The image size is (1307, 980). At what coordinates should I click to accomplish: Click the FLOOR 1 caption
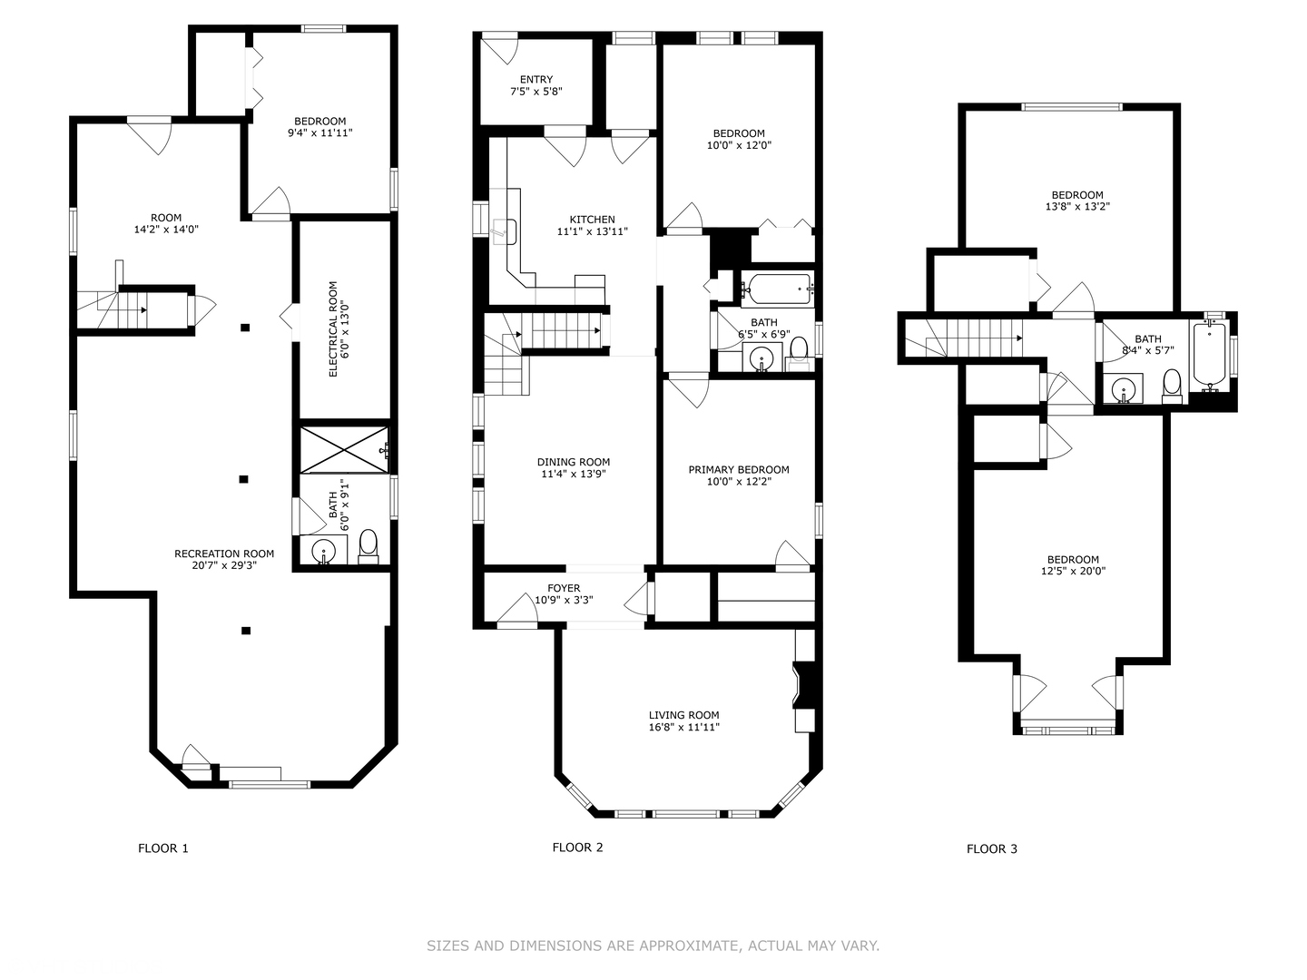[163, 848]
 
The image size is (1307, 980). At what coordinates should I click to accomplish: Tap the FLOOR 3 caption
[991, 849]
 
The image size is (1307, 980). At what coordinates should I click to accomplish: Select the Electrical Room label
[333, 329]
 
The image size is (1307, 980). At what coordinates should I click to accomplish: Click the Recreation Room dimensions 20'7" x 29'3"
[224, 565]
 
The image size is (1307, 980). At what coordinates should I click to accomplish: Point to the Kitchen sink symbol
[504, 231]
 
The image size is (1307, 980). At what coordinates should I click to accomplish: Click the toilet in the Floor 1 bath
[369, 546]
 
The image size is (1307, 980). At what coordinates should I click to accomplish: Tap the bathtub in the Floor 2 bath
[777, 289]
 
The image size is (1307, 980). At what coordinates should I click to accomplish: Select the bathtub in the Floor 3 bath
[1209, 356]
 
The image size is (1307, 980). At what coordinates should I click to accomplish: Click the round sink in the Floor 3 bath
[1123, 388]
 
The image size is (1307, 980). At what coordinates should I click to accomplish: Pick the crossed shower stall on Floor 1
[344, 450]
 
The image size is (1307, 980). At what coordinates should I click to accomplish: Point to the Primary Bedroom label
[739, 469]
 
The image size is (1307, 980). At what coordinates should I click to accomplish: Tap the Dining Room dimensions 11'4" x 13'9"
[574, 475]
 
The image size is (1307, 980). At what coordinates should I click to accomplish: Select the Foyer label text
[564, 589]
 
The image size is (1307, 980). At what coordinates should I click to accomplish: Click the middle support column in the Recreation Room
[243, 479]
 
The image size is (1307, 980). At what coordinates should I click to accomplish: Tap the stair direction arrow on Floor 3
[1019, 338]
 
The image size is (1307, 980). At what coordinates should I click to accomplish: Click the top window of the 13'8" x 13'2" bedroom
[1072, 107]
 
